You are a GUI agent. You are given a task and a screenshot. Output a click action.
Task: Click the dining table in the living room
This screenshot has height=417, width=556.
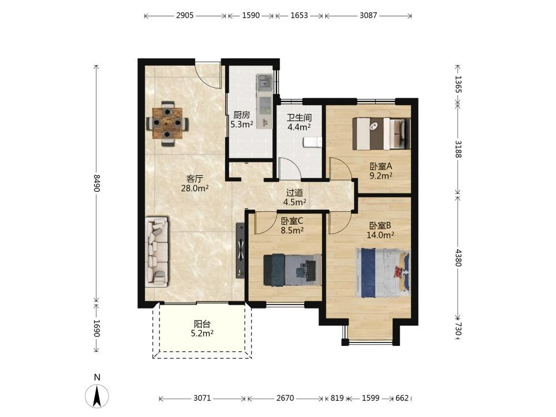(167, 123)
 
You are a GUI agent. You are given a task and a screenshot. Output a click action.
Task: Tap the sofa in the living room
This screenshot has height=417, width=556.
(157, 252)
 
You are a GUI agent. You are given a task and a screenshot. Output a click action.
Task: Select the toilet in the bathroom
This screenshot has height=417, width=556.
(312, 142)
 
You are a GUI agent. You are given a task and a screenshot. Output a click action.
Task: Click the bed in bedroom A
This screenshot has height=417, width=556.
(381, 133)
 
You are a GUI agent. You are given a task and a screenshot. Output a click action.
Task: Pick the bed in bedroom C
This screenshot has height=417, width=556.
(292, 270)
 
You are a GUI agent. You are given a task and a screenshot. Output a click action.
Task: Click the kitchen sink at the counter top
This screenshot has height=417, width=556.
(264, 83)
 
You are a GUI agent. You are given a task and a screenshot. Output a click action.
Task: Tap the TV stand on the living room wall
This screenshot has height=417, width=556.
(240, 250)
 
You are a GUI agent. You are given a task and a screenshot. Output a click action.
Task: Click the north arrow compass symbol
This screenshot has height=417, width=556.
(97, 395)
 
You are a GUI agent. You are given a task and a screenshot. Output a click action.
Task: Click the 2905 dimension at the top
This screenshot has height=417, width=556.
(185, 15)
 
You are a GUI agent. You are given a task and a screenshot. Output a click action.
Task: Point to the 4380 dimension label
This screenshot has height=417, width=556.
(459, 258)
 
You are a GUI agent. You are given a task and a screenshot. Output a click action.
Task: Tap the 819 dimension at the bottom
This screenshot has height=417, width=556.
(337, 398)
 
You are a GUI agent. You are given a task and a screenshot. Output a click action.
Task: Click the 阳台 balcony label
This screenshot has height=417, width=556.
(202, 324)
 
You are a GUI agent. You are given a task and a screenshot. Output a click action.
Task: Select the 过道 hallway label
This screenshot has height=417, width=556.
(295, 192)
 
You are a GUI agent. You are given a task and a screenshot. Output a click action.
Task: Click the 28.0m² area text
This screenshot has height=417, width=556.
(195, 188)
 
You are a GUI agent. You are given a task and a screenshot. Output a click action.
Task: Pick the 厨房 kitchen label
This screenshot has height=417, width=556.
(241, 115)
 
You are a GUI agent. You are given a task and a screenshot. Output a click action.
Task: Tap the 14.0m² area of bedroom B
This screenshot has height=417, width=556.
(380, 235)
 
